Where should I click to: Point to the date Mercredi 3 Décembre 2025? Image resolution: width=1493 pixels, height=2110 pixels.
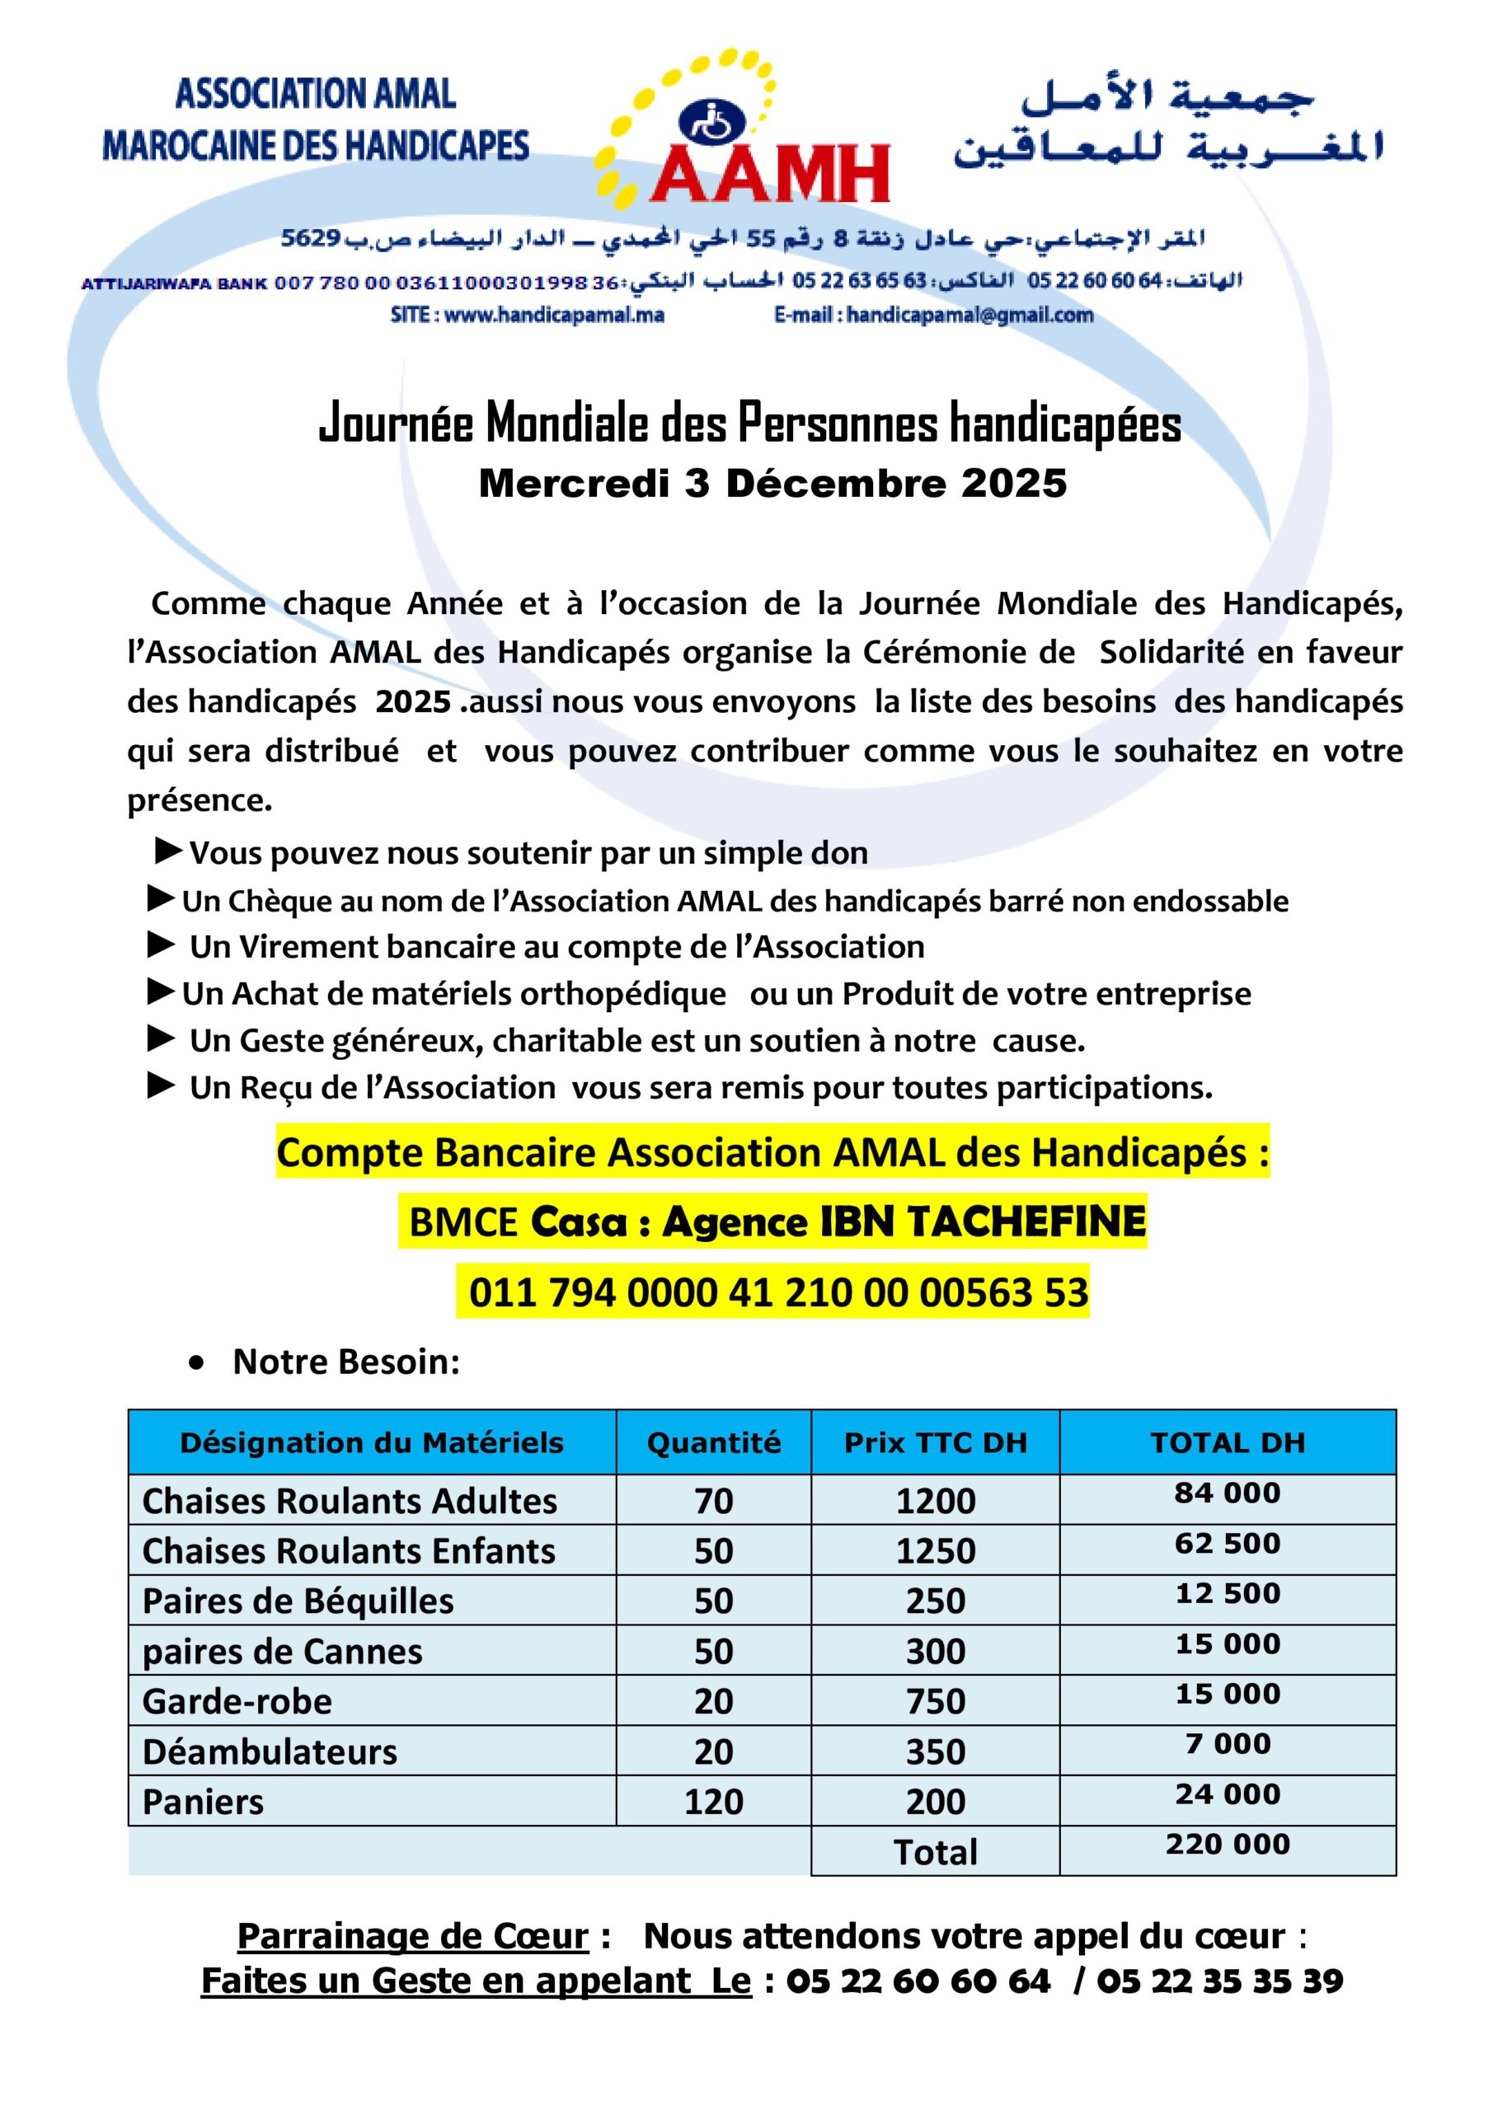(772, 485)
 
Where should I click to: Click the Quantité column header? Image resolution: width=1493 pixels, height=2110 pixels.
(713, 1443)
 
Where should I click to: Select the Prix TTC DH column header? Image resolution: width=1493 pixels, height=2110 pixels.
(935, 1443)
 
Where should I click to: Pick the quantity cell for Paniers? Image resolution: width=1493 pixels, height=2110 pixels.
(713, 1802)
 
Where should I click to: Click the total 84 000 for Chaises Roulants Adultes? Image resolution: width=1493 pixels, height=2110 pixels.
(1228, 1493)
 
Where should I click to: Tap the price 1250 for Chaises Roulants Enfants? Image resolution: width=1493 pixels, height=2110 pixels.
(935, 1551)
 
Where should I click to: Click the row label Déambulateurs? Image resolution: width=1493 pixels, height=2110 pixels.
(270, 1752)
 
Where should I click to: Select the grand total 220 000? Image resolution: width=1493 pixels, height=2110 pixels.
(1228, 1845)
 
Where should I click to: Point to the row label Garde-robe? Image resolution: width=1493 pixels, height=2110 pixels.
(237, 1702)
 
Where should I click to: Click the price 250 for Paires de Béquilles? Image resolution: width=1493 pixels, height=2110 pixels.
(935, 1601)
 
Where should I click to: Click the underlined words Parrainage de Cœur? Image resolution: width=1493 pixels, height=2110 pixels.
(413, 1936)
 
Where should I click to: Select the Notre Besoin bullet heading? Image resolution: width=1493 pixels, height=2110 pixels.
(345, 1362)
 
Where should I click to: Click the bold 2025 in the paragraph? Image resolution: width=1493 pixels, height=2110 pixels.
(413, 702)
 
